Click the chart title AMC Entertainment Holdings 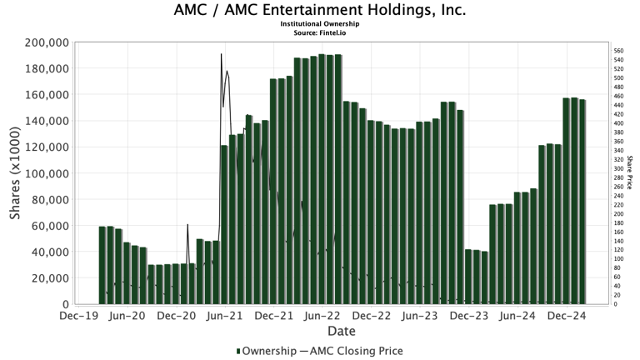pyautogui.click(x=320, y=11)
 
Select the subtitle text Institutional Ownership pyautogui.click(x=320, y=24)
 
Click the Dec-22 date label pyautogui.click(x=372, y=317)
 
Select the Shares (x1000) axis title pyautogui.click(x=15, y=173)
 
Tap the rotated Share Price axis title pyautogui.click(x=630, y=173)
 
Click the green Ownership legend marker pyautogui.click(x=239, y=351)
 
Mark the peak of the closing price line pyautogui.click(x=221, y=54)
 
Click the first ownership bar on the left pyautogui.click(x=102, y=265)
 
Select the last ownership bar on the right pyautogui.click(x=582, y=202)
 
